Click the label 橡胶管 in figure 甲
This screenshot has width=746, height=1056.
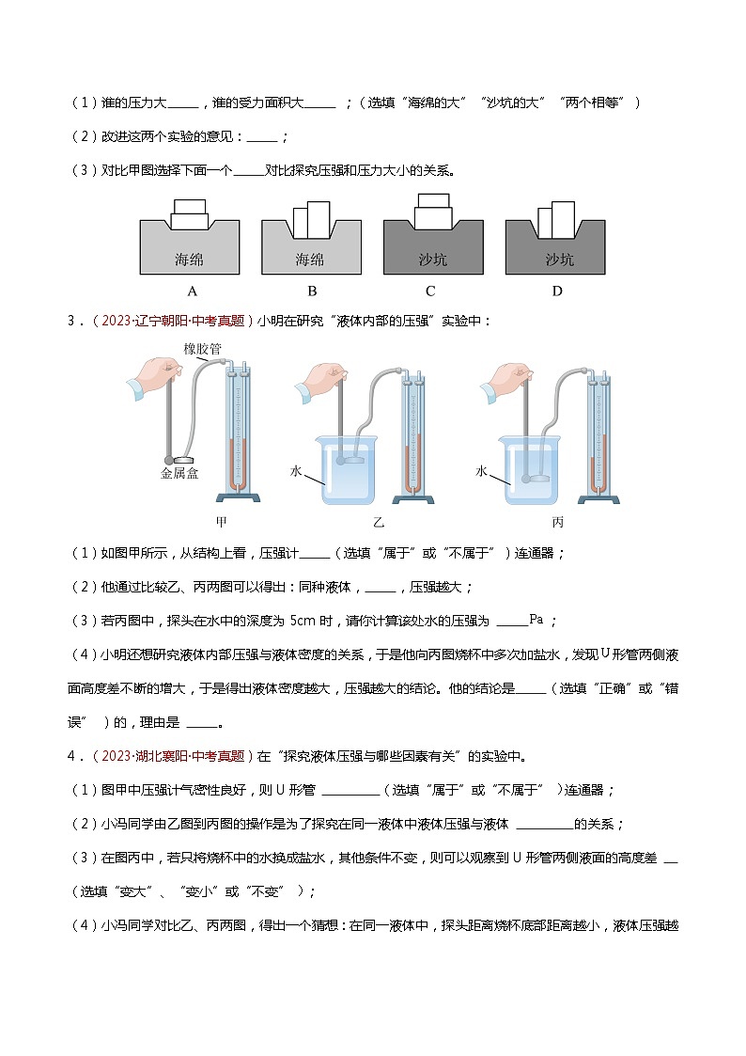(203, 349)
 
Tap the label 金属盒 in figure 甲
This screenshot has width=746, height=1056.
(179, 474)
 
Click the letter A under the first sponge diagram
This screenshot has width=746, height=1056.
(192, 291)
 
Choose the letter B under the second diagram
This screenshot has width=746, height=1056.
(312, 291)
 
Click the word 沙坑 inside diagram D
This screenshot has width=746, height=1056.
(560, 260)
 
